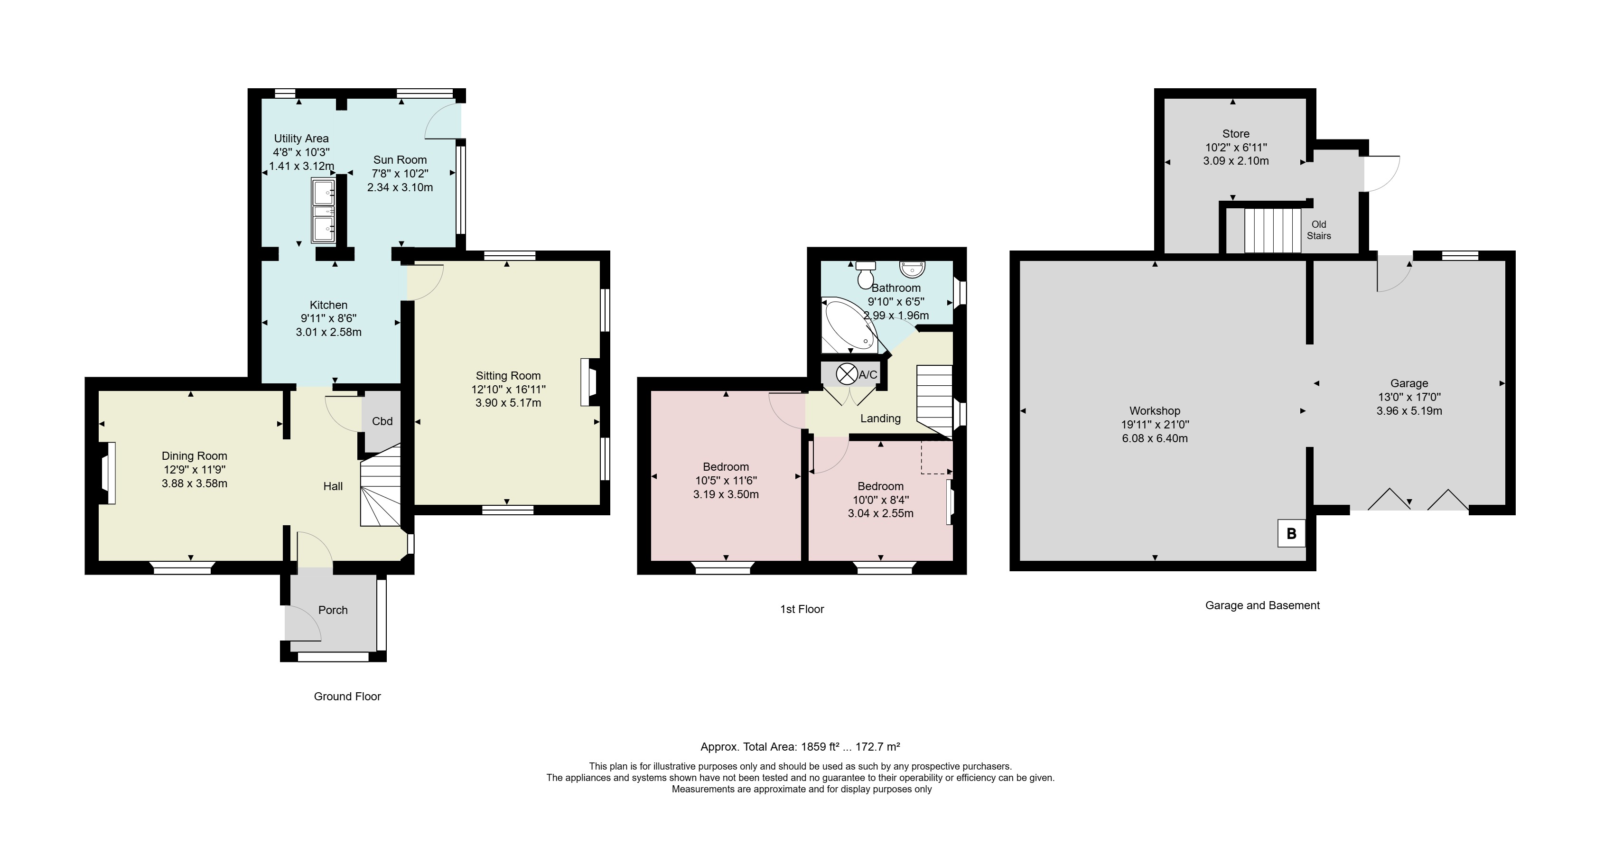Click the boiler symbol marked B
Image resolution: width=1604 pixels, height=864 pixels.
click(1291, 533)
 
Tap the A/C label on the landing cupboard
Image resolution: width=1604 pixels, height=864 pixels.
click(867, 375)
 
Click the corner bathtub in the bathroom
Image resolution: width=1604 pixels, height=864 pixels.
click(850, 326)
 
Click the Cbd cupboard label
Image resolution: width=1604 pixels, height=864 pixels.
click(382, 421)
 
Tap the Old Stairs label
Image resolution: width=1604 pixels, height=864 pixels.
click(1319, 230)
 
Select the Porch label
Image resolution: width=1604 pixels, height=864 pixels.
click(333, 610)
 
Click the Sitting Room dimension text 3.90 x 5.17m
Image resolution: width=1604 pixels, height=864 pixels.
click(508, 403)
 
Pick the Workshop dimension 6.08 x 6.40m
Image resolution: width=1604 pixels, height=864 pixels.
click(1155, 438)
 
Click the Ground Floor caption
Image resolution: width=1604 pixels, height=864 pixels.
click(347, 697)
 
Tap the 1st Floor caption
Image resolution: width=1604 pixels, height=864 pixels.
click(802, 609)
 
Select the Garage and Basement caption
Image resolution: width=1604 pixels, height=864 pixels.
click(1263, 606)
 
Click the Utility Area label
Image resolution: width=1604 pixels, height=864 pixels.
click(301, 139)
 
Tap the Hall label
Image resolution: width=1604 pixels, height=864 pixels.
click(333, 486)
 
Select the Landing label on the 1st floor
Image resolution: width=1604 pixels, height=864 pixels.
click(880, 419)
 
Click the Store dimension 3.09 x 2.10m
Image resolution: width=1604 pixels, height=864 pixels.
click(1236, 160)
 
